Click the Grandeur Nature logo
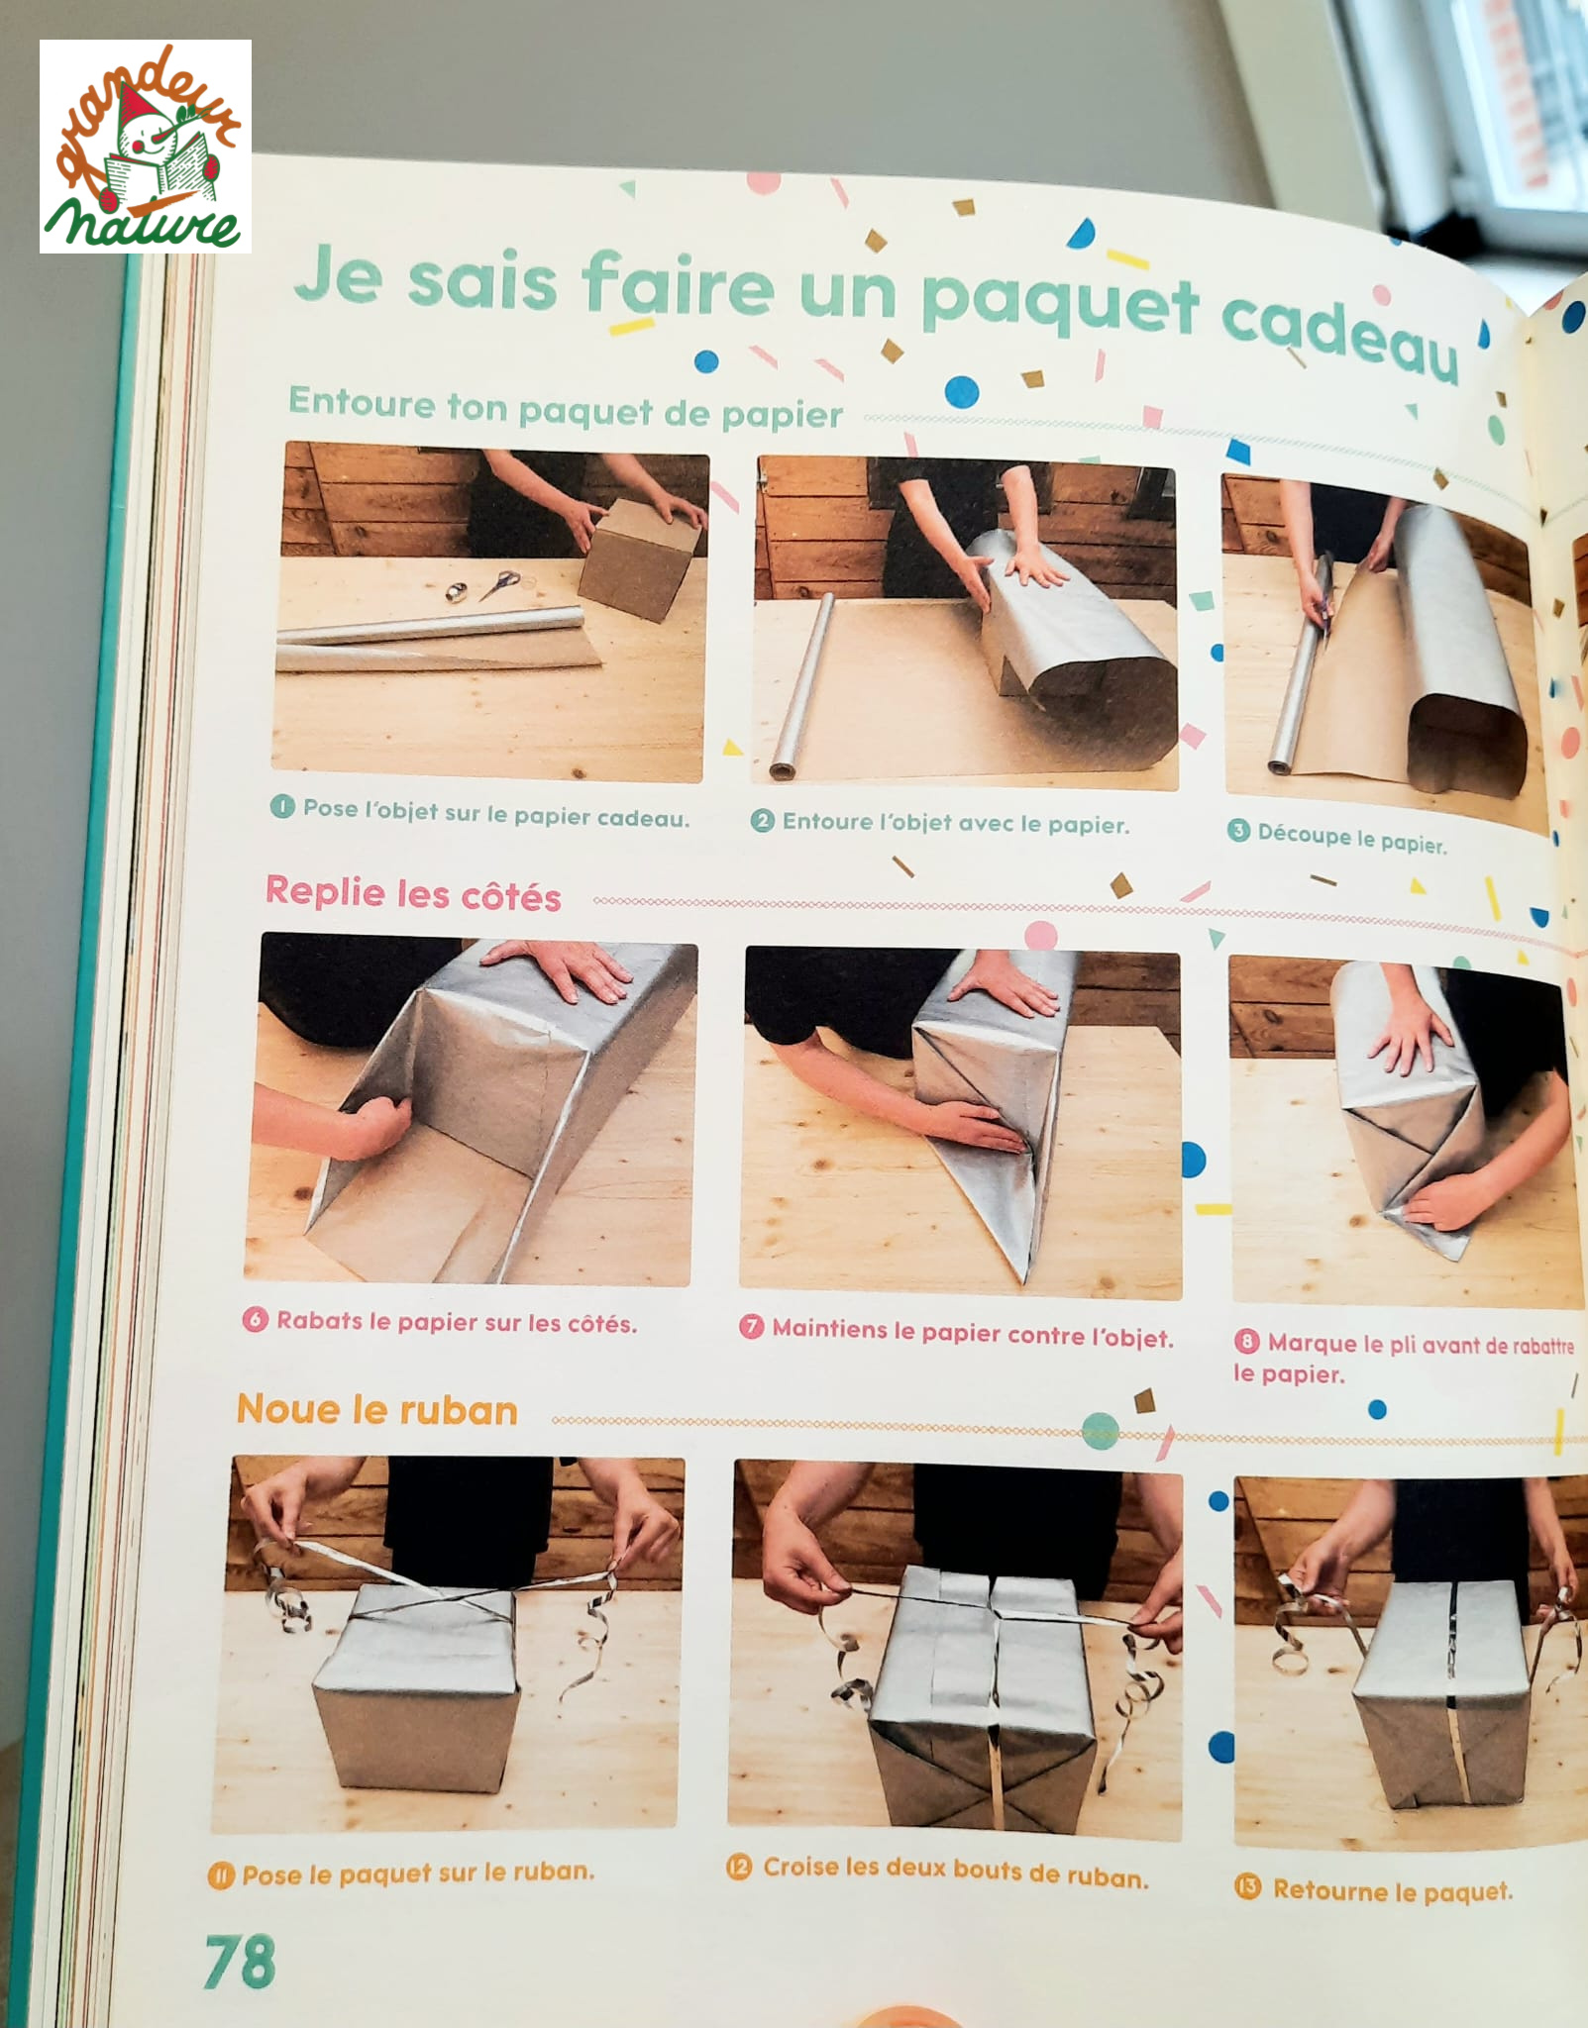tap(146, 146)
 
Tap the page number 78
tap(240, 1962)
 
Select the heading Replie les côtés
tap(413, 893)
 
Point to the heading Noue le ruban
tap(376, 1409)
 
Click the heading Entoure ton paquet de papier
tap(566, 408)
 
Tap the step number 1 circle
tap(282, 807)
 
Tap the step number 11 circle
tap(220, 1876)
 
